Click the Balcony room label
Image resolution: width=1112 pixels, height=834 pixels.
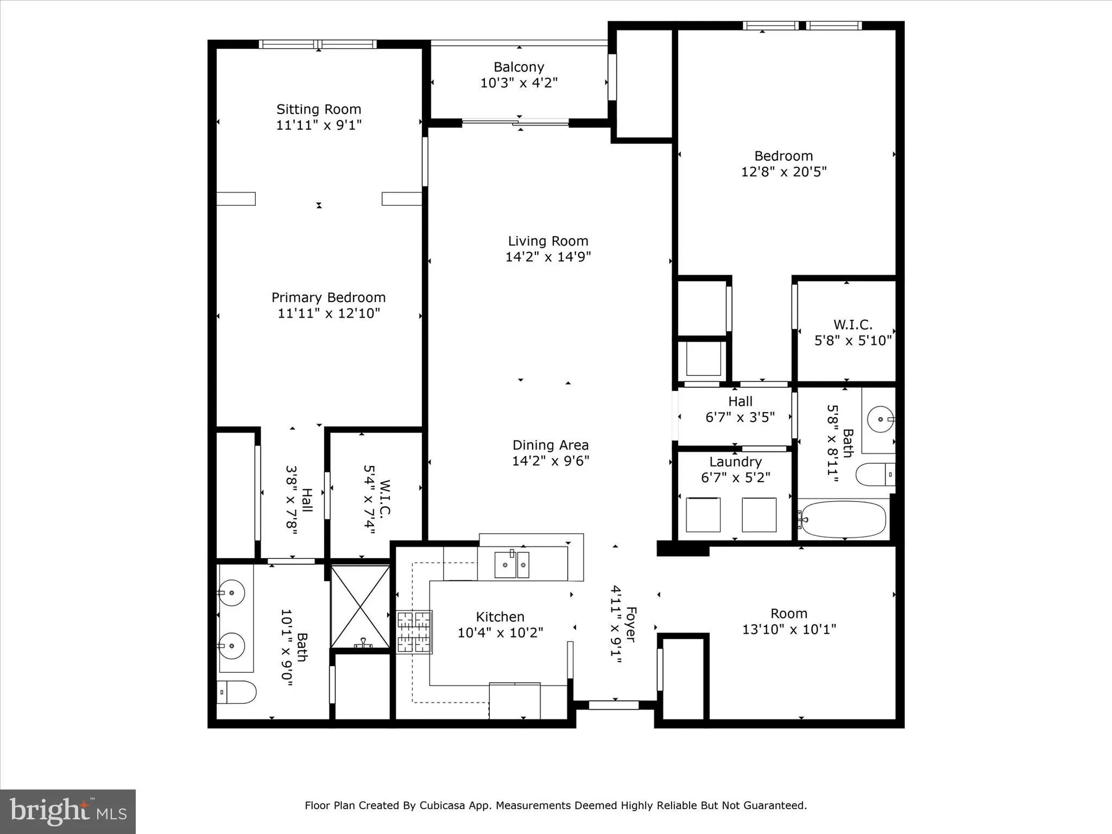pyautogui.click(x=519, y=67)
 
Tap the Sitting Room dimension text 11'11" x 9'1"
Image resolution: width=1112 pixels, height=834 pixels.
pyautogui.click(x=319, y=125)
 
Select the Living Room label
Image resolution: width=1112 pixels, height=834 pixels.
pyautogui.click(x=548, y=241)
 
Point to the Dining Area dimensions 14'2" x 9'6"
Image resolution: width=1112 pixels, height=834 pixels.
pyautogui.click(x=550, y=461)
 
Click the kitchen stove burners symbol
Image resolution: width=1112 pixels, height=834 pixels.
pyautogui.click(x=414, y=632)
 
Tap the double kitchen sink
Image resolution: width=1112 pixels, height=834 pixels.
pyautogui.click(x=512, y=564)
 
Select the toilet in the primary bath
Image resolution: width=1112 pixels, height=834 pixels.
pyautogui.click(x=236, y=692)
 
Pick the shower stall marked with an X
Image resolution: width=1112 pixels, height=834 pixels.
pyautogui.click(x=360, y=607)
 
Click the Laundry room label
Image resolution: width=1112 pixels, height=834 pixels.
pyautogui.click(x=735, y=462)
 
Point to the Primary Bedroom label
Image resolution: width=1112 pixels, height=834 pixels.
pyautogui.click(x=328, y=297)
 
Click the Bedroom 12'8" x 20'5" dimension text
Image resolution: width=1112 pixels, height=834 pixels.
pyautogui.click(x=783, y=172)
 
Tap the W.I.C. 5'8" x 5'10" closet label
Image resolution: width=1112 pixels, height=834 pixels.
pyautogui.click(x=852, y=332)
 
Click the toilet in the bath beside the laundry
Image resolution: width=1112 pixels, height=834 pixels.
pyautogui.click(x=875, y=474)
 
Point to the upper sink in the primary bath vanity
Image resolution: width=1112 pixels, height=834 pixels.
pyautogui.click(x=232, y=593)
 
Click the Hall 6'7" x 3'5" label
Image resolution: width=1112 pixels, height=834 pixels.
pyautogui.click(x=740, y=409)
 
